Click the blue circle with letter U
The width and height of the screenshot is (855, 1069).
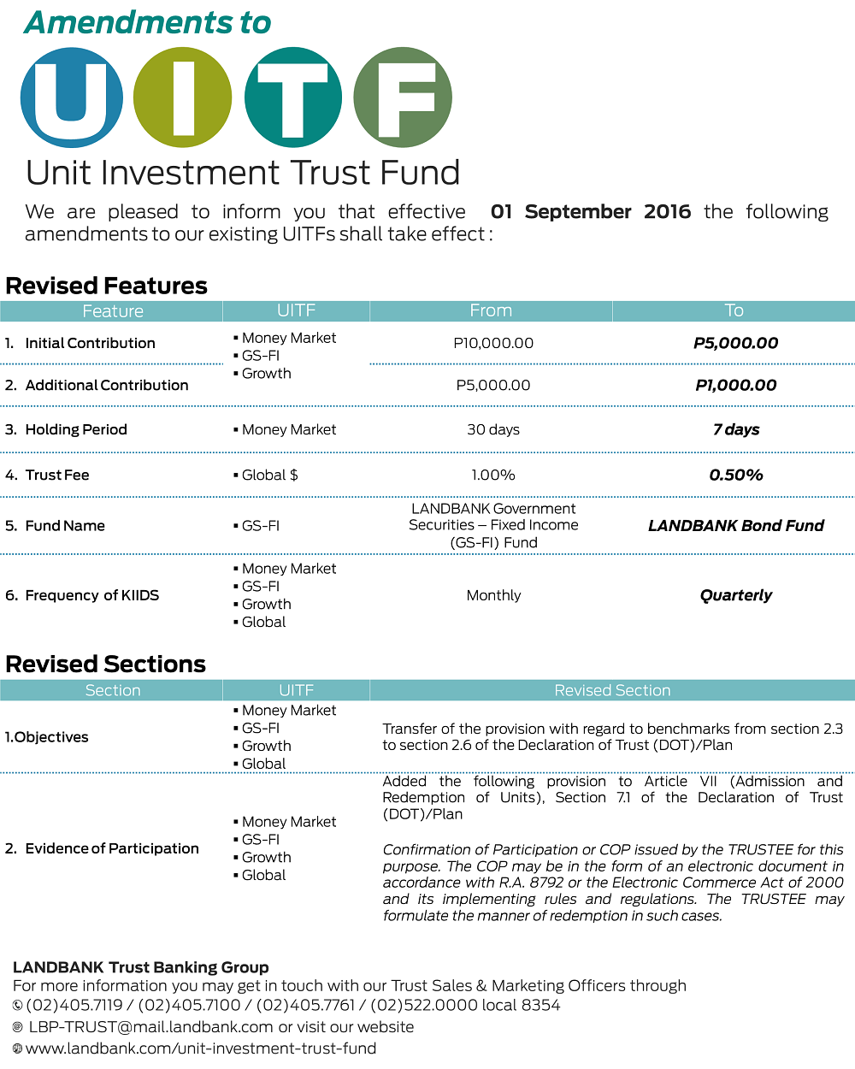[x=72, y=97]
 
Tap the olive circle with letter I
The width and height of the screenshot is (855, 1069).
[x=183, y=97]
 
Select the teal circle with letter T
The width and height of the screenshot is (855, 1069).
[x=292, y=97]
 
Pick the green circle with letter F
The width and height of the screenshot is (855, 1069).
[x=403, y=97]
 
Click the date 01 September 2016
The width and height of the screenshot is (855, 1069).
[x=590, y=212]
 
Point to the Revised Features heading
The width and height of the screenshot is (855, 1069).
[x=107, y=286]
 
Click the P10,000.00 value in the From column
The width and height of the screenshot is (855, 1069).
[x=493, y=343]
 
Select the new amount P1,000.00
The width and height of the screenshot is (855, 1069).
[x=735, y=386]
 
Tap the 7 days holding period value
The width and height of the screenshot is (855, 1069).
[x=735, y=429]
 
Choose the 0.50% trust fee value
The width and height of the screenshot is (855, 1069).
[x=735, y=475]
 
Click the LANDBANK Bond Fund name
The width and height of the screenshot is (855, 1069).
[x=735, y=525]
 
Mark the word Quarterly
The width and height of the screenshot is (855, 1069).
[x=735, y=595]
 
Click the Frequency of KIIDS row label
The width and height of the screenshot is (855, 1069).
[x=91, y=595]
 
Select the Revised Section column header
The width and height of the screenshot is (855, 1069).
[x=612, y=690]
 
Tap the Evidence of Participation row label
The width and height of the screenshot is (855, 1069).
[x=111, y=848]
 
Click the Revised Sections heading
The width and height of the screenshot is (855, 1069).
[x=106, y=664]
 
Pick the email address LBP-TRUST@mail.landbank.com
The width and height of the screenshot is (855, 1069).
[x=151, y=1027]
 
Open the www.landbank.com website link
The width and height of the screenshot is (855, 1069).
[x=201, y=1048]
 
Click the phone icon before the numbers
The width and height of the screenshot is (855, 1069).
[x=18, y=1006]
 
